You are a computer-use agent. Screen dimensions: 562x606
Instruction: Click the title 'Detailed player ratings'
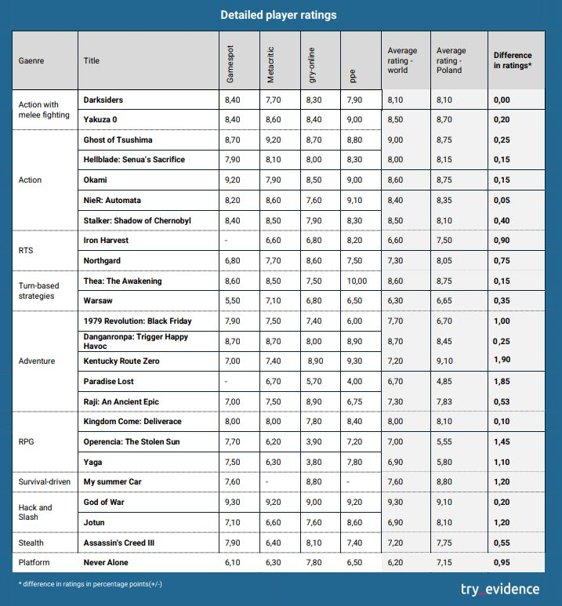[278, 15]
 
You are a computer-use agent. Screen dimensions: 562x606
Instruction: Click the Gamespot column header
[230, 64]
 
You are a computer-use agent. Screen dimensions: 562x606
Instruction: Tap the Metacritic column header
[270, 65]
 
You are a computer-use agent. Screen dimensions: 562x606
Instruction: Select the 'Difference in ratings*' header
[513, 60]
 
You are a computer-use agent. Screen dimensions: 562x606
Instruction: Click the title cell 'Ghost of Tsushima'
[118, 140]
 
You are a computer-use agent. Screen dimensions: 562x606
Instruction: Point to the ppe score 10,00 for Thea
[357, 281]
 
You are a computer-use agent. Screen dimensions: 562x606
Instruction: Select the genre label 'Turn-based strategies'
[38, 291]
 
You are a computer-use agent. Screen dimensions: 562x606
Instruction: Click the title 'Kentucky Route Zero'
[121, 361]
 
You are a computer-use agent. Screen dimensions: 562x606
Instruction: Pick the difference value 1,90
[502, 359]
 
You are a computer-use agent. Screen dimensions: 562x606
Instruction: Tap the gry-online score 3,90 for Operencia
[314, 441]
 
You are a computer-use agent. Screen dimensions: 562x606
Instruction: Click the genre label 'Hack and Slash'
[35, 512]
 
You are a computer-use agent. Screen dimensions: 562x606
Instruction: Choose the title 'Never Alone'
[106, 562]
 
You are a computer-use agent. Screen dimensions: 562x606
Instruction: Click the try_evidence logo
[500, 590]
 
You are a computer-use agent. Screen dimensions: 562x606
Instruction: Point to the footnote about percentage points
[90, 584]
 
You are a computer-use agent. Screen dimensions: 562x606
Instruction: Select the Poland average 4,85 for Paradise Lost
[444, 382]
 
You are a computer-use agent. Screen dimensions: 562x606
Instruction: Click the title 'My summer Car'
[112, 482]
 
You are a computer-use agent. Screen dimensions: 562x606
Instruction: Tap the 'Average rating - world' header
[402, 60]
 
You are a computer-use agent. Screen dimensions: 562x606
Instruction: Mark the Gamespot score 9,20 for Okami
[232, 180]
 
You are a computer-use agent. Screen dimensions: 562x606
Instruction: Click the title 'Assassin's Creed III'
[119, 542]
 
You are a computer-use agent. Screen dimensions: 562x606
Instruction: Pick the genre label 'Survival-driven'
[45, 482]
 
